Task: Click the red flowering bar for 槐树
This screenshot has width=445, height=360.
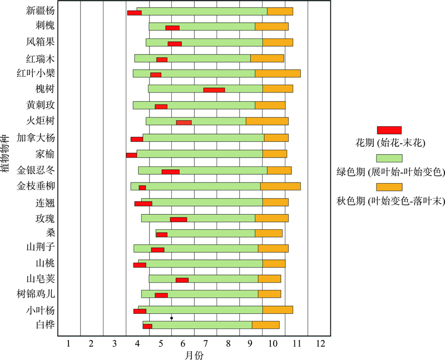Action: point(214,90)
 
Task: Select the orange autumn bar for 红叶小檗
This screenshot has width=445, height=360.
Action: point(278,73)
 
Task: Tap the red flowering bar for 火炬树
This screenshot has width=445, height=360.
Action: point(184,122)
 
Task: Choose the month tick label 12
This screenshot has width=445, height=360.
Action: point(320,343)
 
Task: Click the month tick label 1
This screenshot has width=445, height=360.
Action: point(68,343)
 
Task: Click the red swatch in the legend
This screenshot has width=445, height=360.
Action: point(389,130)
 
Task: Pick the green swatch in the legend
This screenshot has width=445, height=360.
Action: point(389,158)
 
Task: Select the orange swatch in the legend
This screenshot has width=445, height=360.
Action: point(389,186)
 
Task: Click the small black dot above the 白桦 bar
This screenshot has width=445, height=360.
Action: point(171,318)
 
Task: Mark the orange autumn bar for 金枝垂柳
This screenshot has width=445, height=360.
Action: point(280,186)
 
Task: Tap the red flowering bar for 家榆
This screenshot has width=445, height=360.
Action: point(131,155)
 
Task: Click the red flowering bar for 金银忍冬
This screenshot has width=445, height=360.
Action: point(170,172)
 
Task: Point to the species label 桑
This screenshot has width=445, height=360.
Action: point(51,232)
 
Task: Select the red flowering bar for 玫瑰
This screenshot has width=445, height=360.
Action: point(179,219)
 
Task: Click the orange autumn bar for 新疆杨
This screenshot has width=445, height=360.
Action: point(280,11)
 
